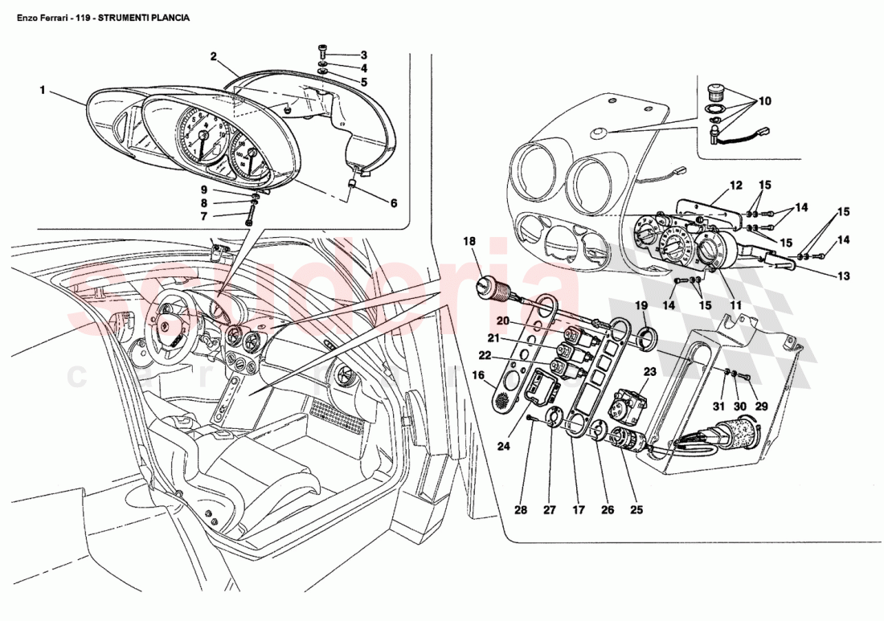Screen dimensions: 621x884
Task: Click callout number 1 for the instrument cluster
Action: pyautogui.click(x=42, y=91)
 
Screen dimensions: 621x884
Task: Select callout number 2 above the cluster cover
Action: pyautogui.click(x=214, y=56)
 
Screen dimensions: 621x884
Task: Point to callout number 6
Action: pyautogui.click(x=394, y=203)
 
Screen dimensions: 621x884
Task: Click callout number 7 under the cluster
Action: pyautogui.click(x=204, y=216)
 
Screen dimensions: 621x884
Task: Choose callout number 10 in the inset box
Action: pyautogui.click(x=763, y=101)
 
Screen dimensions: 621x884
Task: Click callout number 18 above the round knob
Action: pyautogui.click(x=469, y=240)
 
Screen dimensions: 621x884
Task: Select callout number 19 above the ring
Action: pyautogui.click(x=641, y=305)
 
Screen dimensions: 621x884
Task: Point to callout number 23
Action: pyautogui.click(x=649, y=371)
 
